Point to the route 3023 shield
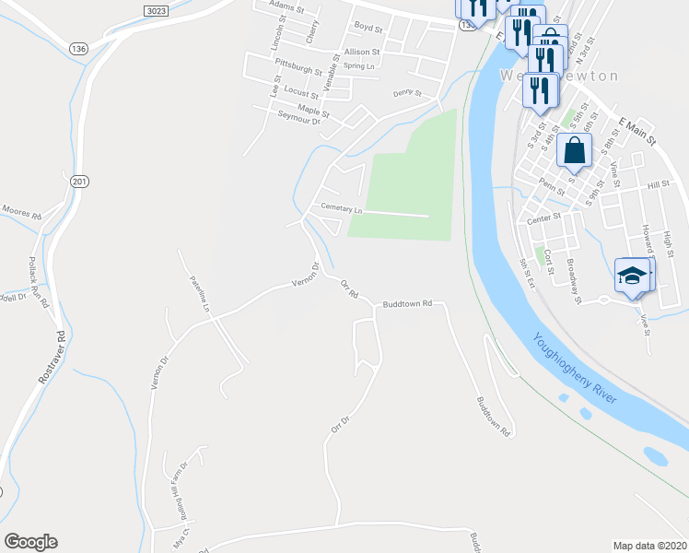click(x=157, y=8)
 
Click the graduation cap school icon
click(x=632, y=275)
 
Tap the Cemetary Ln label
click(x=342, y=208)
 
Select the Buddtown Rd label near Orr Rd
click(x=407, y=302)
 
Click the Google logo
click(x=30, y=541)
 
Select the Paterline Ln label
click(x=200, y=292)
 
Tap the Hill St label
click(x=658, y=185)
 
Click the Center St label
click(x=543, y=218)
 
